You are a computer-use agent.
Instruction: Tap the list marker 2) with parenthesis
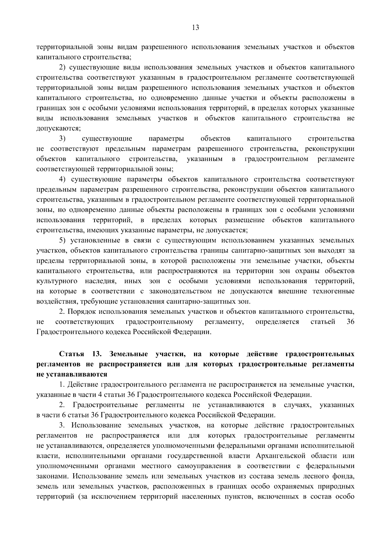tap(62, 67)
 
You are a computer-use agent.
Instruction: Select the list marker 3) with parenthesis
tap(62, 139)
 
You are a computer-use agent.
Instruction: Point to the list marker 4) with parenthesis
tap(62, 179)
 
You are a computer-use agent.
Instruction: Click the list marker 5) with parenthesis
tap(62, 241)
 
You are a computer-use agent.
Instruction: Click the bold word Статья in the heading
tap(72, 354)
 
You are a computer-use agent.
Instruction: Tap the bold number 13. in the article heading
tap(96, 354)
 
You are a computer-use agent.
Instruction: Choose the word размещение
tap(244, 220)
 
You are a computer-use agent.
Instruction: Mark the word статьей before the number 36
tap(322, 322)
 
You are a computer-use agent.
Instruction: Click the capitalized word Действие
tap(81, 385)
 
